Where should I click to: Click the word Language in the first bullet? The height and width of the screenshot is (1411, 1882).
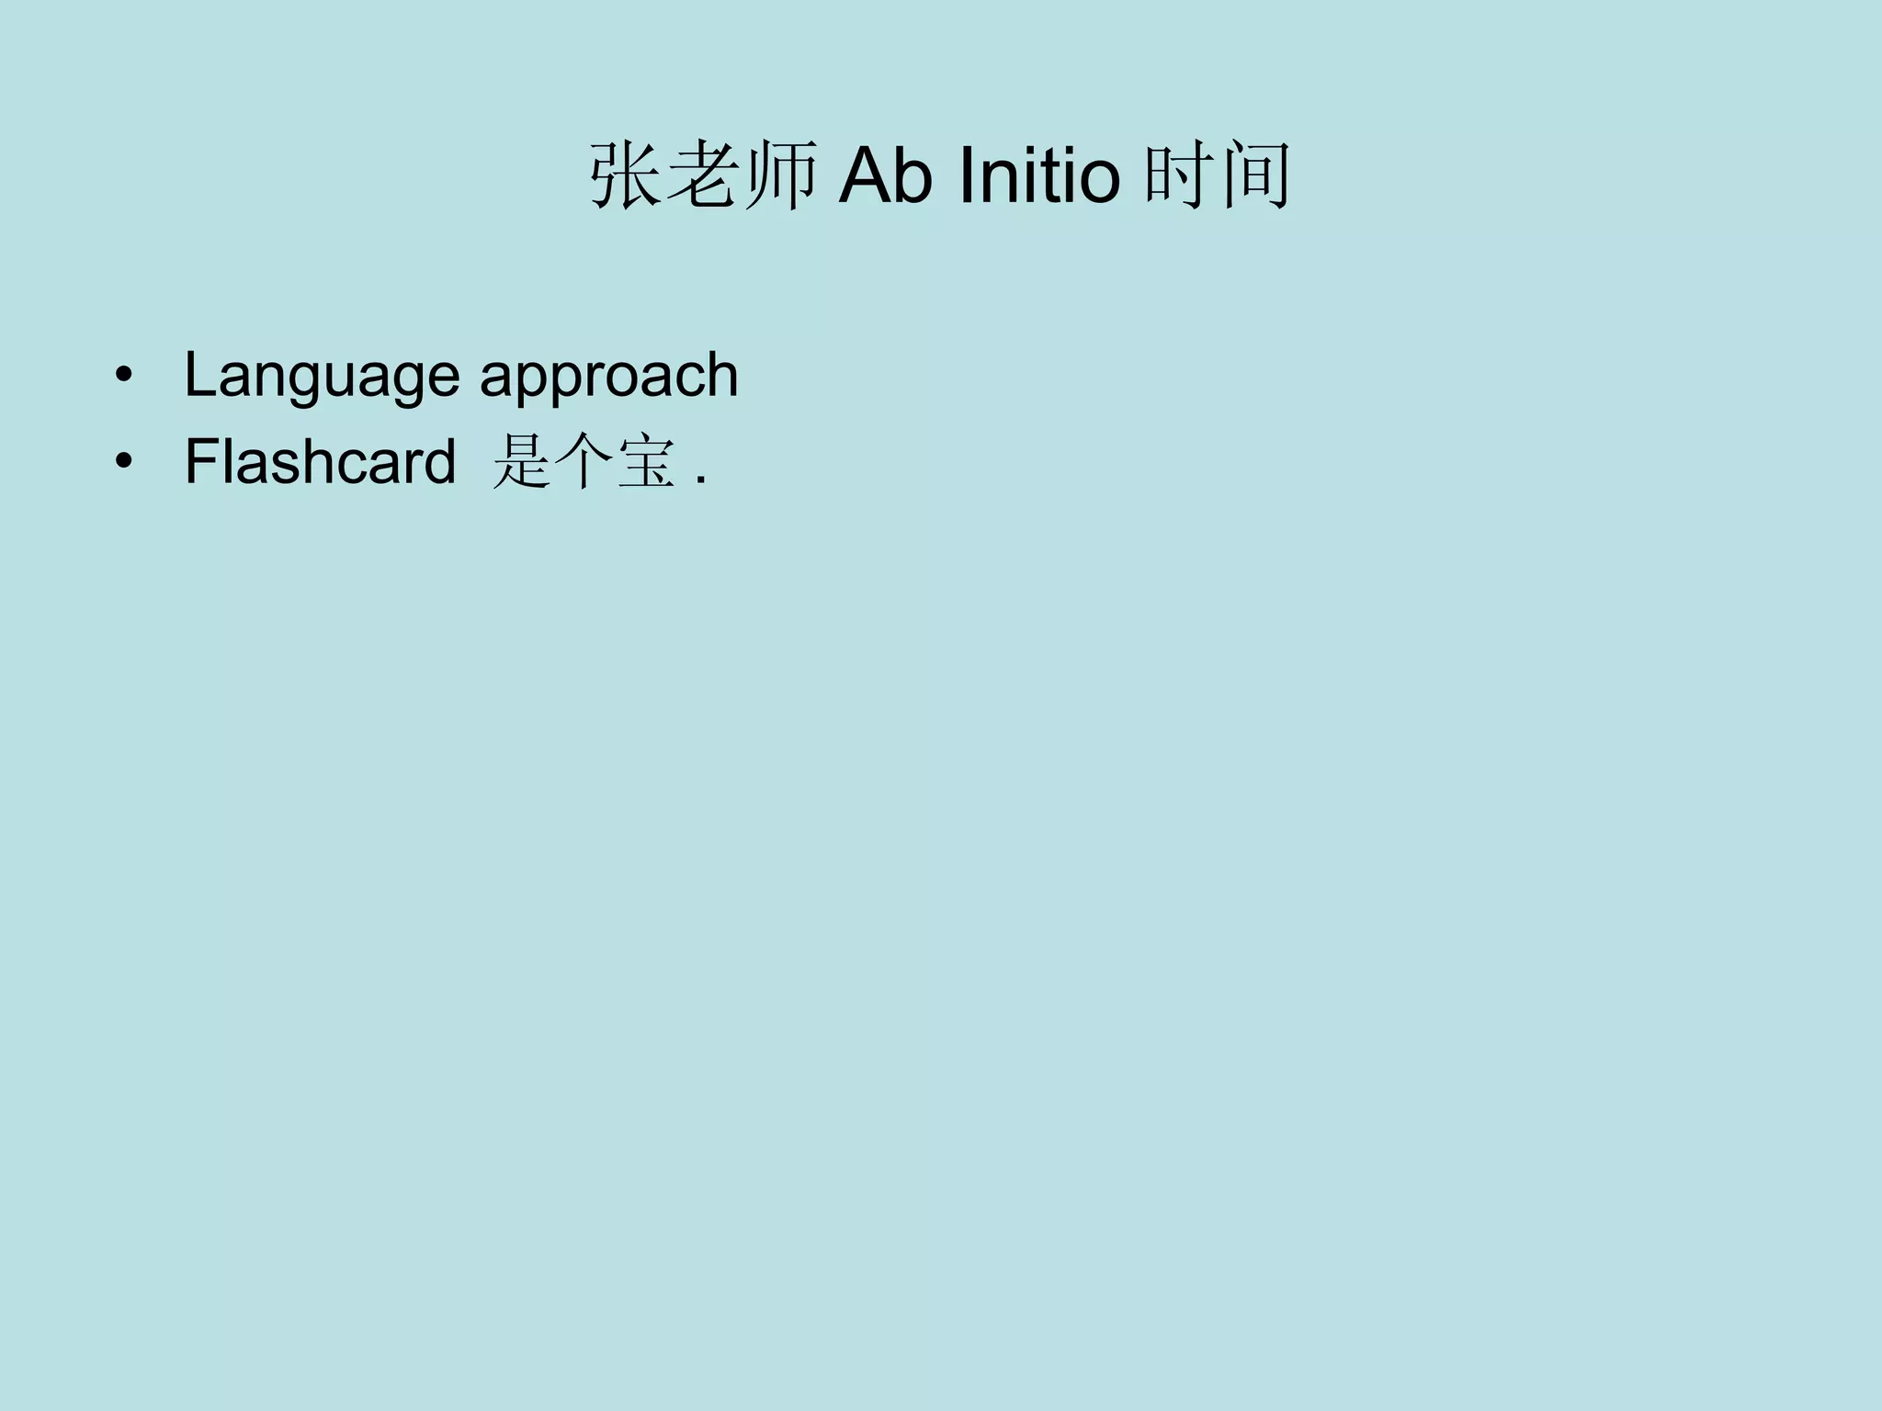coord(322,377)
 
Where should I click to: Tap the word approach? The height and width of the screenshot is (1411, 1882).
coord(608,377)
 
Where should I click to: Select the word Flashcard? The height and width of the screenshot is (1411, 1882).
coord(320,461)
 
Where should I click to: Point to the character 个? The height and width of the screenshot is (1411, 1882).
coord(584,461)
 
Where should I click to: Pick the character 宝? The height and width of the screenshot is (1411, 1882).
coord(647,461)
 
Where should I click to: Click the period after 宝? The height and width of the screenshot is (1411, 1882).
coord(701,480)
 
